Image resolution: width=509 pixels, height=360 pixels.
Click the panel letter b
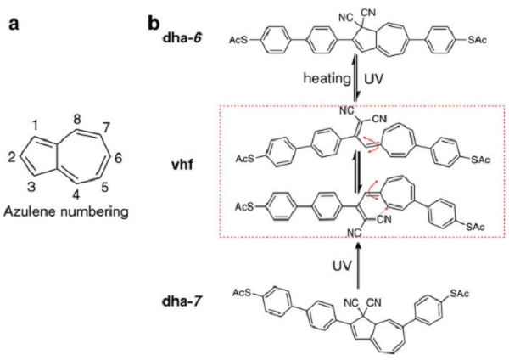(153, 20)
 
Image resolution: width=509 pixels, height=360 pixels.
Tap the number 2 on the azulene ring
(12, 157)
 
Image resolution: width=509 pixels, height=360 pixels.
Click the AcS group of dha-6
(239, 39)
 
